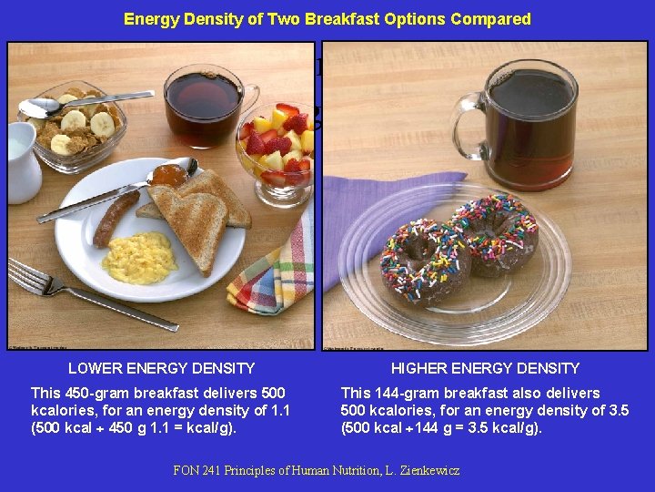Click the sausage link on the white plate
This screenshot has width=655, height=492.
tap(115, 218)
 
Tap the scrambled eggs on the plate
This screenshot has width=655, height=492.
tap(139, 258)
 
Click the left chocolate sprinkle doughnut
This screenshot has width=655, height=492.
tap(424, 261)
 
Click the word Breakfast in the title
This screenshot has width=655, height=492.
tap(355, 19)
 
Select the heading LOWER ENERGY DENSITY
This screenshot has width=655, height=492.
tap(162, 368)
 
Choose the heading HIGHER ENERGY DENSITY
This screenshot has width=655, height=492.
tap(485, 368)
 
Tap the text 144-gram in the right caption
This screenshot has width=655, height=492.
tap(407, 393)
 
